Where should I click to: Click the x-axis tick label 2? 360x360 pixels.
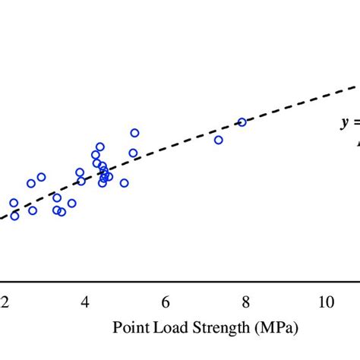(5, 302)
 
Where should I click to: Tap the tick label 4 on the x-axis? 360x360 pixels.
(85, 302)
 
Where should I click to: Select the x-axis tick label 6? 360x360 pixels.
(166, 302)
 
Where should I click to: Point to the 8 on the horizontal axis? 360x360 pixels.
(245, 302)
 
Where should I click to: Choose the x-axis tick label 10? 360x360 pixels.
(325, 302)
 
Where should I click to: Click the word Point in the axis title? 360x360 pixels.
(129, 328)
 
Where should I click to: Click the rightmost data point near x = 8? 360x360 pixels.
(242, 122)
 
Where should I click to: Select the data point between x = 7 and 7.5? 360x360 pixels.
(219, 140)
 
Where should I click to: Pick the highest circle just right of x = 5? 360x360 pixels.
(134, 133)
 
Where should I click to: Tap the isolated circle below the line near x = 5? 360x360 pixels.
(124, 183)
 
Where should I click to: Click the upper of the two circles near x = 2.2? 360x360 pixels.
(14, 203)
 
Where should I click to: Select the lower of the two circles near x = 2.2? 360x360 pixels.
(14, 216)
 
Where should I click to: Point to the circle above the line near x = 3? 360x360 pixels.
(41, 177)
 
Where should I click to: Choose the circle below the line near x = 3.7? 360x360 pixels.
(71, 204)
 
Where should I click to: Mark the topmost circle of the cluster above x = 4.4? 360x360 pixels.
(99, 147)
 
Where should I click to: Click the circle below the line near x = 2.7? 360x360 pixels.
(33, 210)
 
